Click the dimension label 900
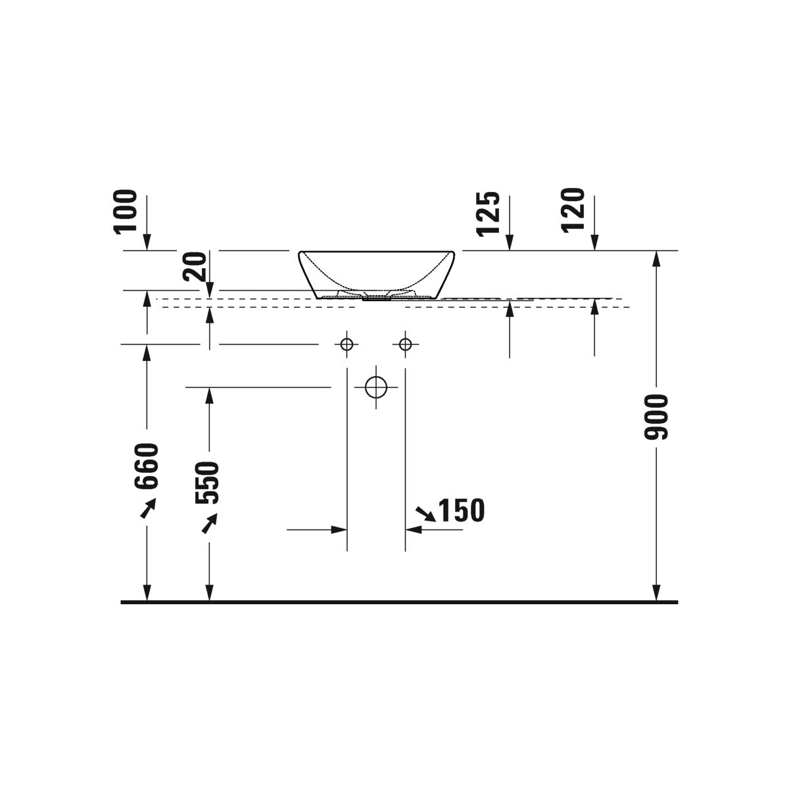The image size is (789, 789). (656, 418)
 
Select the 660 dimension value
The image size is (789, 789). (146, 466)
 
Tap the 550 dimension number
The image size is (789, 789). (207, 483)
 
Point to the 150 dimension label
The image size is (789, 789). (462, 510)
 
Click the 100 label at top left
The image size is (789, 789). (126, 212)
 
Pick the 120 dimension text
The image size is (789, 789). (573, 211)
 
